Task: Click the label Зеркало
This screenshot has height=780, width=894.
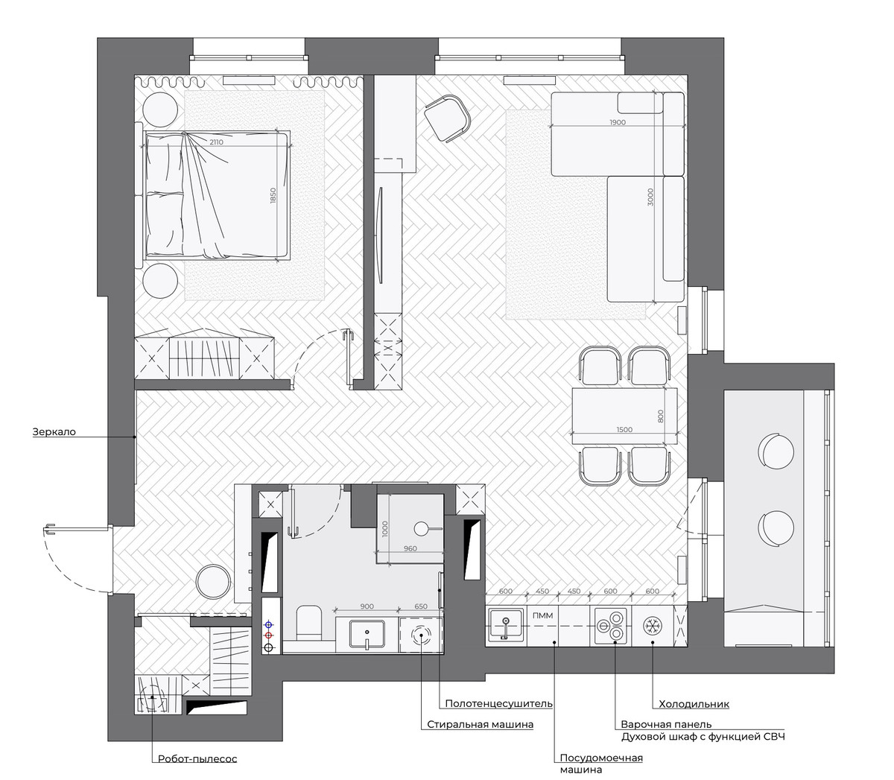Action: (54, 432)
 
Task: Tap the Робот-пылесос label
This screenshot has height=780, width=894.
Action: (197, 758)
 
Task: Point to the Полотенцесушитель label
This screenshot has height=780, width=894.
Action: (498, 703)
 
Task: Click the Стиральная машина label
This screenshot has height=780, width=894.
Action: (481, 724)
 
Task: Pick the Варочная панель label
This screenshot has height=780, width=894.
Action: (666, 724)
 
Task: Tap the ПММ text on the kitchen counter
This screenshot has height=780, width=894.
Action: (542, 615)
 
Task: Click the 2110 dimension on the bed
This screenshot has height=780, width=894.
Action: (216, 142)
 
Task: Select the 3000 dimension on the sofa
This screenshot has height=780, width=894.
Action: (650, 197)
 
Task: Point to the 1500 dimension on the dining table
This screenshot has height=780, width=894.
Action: (624, 430)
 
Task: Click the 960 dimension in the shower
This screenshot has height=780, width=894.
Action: (410, 548)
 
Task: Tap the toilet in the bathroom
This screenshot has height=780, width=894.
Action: (309, 622)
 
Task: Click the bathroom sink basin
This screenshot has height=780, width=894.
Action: (367, 634)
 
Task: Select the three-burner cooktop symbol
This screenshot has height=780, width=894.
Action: (612, 626)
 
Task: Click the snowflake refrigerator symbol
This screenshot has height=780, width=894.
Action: (653, 626)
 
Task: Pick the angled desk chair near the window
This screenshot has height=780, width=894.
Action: (448, 118)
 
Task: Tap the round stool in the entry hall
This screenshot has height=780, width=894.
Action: (213, 582)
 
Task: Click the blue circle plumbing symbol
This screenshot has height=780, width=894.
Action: (269, 624)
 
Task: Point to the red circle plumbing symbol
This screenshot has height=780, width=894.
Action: (269, 635)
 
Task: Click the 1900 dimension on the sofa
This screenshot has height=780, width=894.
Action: (618, 122)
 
